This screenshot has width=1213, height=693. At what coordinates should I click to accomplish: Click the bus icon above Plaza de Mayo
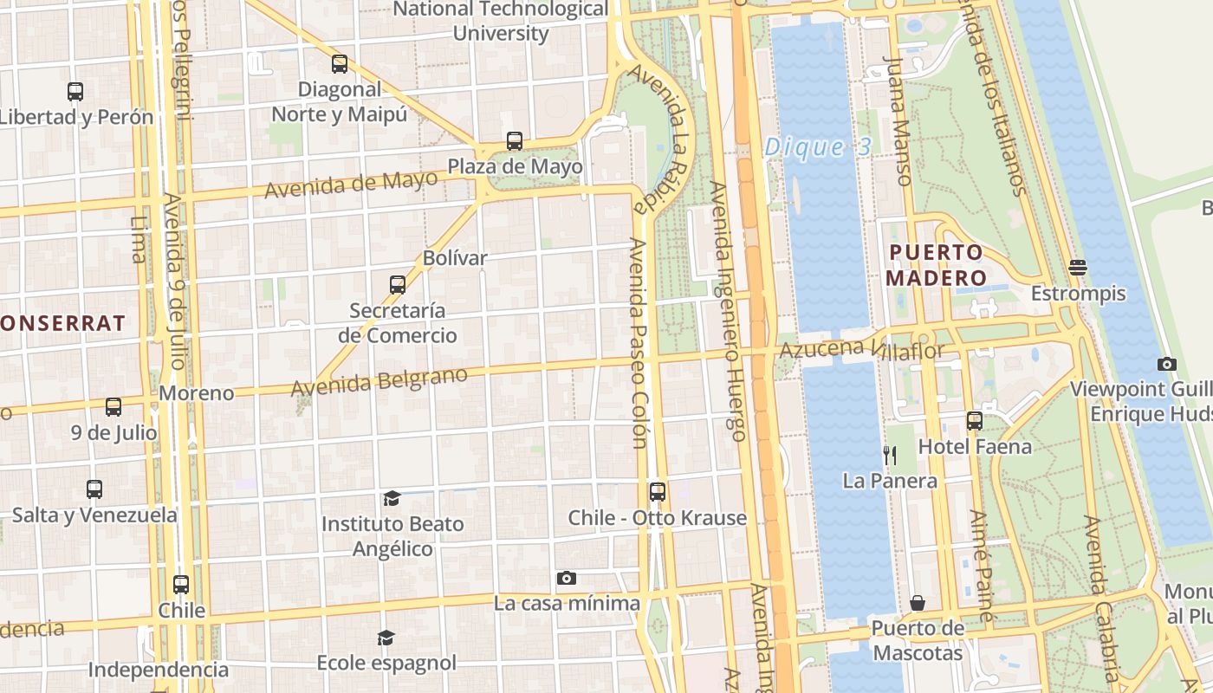tap(515, 140)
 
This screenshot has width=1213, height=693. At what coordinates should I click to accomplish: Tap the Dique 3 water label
tap(817, 147)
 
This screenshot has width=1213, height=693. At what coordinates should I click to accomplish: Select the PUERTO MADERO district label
tap(936, 265)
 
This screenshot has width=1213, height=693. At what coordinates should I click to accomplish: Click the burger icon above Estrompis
tap(1078, 267)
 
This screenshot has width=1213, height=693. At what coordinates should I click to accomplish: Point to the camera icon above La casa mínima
tap(567, 578)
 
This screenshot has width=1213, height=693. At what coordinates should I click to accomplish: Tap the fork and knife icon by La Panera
tap(890, 455)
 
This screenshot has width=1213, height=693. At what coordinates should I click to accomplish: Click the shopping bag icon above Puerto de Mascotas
tap(918, 602)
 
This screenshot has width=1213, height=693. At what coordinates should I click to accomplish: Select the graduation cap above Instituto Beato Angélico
tap(392, 498)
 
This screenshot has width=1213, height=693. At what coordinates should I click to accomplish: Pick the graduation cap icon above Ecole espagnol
tap(386, 638)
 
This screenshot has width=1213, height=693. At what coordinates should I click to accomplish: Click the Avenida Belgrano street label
tap(379, 382)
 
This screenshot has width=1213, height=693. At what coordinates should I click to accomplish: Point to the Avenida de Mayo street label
tap(351, 184)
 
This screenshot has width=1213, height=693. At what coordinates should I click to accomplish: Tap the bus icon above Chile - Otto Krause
tap(658, 492)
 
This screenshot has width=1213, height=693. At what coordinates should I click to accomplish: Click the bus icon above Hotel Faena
tap(975, 421)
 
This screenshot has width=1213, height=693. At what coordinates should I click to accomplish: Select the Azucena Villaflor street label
tap(861, 349)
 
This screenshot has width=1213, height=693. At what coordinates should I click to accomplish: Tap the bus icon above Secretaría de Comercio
tap(398, 284)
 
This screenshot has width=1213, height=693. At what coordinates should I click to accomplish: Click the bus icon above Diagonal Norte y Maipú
tap(340, 63)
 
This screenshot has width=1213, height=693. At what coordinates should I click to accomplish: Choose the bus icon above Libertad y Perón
tap(75, 91)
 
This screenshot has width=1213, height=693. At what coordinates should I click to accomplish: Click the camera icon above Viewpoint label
tap(1167, 364)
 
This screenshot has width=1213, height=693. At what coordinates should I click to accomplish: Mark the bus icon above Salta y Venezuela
tap(94, 489)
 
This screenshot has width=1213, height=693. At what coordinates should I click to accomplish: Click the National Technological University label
tap(501, 22)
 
